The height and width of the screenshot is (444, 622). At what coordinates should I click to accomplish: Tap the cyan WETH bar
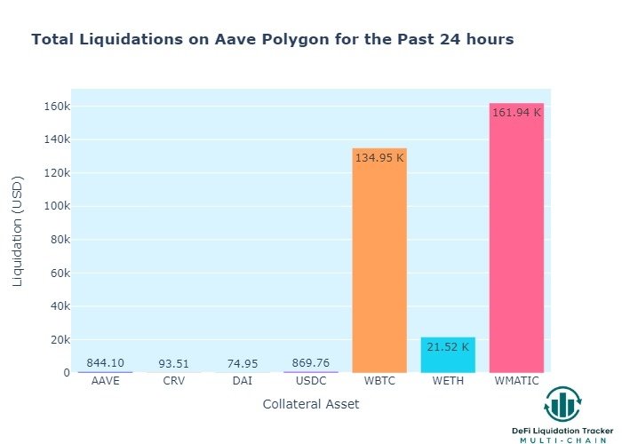[x=448, y=355]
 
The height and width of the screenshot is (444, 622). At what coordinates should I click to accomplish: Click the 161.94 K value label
[x=516, y=113]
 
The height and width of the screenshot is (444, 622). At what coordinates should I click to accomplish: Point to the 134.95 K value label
[x=379, y=158]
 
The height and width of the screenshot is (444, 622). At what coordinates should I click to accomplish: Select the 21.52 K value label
[x=448, y=347]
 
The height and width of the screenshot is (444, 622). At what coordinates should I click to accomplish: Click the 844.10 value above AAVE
[x=105, y=363]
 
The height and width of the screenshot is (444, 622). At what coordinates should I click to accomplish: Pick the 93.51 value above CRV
[x=173, y=364]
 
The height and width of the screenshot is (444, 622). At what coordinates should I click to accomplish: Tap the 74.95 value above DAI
[x=242, y=364]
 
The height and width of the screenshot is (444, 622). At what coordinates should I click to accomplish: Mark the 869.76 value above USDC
[x=310, y=363]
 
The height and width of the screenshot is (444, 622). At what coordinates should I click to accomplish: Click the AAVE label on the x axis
[x=105, y=381]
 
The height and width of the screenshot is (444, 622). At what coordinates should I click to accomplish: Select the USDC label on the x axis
[x=310, y=381]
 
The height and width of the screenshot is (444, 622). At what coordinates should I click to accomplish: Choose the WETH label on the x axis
[x=448, y=381]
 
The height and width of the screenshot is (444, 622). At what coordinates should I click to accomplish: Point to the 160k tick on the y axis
[x=52, y=107]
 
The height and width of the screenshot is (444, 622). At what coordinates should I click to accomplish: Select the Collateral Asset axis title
[x=311, y=404]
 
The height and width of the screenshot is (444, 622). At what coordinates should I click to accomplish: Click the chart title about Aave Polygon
[x=272, y=40]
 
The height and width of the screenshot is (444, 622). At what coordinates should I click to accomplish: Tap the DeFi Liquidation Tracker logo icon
[x=562, y=405]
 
